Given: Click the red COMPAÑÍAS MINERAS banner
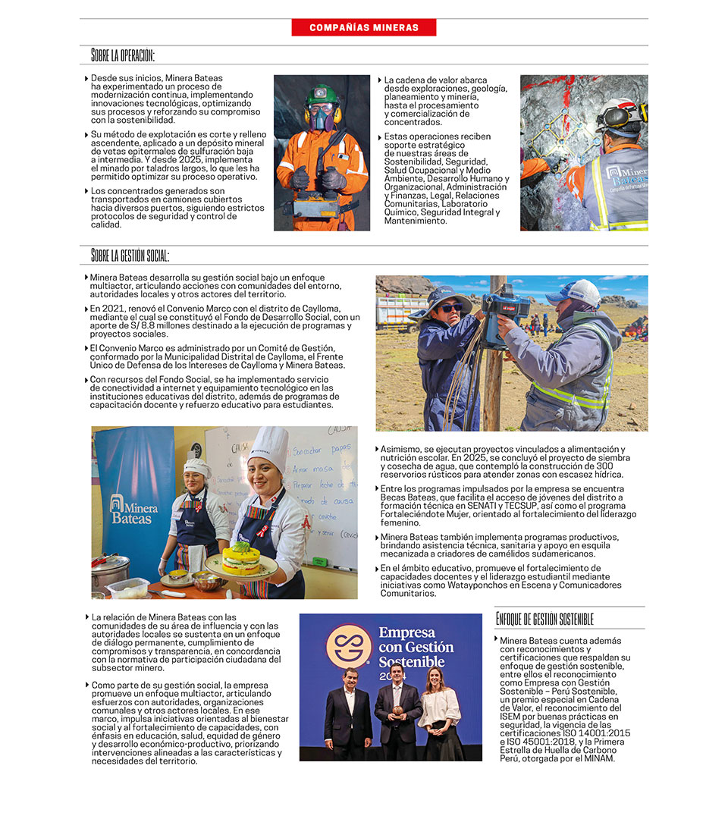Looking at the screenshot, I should [364, 27].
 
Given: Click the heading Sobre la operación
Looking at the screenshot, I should [123, 55].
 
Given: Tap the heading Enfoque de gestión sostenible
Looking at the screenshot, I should [544, 620].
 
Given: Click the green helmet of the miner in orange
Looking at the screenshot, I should [322, 96].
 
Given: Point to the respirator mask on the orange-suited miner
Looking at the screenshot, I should [322, 118].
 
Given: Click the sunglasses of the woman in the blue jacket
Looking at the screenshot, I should [450, 307].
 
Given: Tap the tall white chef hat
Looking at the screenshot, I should [269, 448].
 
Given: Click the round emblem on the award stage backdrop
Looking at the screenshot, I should [349, 645].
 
